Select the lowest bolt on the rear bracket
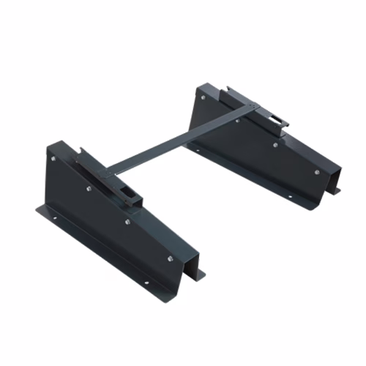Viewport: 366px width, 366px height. coord(316,172)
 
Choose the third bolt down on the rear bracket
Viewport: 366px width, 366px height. coord(275,144)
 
